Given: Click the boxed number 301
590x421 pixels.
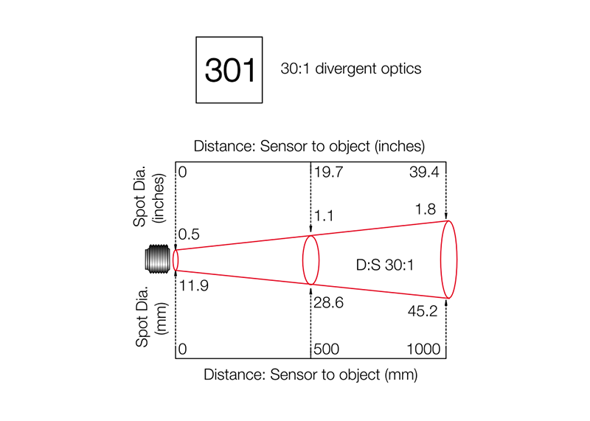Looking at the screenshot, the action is (229, 70).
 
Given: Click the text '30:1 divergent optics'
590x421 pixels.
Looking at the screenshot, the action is (351, 69).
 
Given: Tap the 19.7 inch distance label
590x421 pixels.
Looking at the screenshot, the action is (328, 172).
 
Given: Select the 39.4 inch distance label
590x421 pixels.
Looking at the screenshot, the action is (424, 172).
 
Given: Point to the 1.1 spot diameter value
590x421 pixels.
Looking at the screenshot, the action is (324, 216).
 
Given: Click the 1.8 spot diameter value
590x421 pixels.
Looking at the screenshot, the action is (426, 209).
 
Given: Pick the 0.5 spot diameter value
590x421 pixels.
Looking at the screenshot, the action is (189, 234).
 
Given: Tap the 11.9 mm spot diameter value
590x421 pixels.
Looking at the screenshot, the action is (194, 286).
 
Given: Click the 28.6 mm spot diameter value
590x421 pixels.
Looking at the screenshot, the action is (328, 302).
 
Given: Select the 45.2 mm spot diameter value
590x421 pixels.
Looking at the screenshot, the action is (423, 311).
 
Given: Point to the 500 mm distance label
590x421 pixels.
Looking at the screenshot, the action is (326, 349).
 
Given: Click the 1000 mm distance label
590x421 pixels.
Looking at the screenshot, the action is (423, 349).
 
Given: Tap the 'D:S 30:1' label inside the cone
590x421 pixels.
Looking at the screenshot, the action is (384, 265).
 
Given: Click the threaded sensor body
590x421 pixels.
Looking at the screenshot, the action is (158, 260).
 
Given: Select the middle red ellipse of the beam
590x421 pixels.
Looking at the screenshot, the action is (311, 236).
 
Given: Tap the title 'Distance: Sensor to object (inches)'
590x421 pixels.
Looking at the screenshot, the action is (309, 146).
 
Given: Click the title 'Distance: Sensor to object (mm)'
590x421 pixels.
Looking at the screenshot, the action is (310, 375).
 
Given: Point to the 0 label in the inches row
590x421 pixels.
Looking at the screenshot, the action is (182, 172).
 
